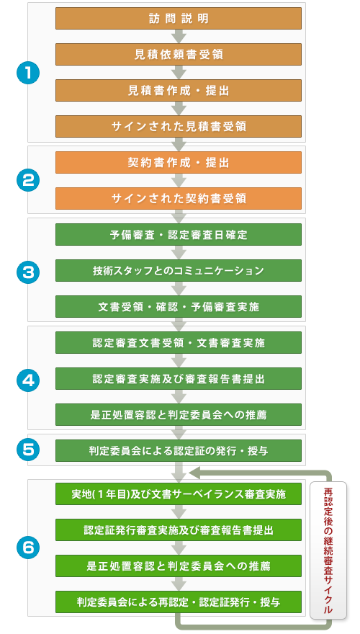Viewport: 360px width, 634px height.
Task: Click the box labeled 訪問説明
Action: [178, 18]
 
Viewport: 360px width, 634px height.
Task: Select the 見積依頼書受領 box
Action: [178, 54]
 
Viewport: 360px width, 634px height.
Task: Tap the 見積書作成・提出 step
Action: [178, 90]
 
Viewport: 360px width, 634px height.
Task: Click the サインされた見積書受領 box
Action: [178, 126]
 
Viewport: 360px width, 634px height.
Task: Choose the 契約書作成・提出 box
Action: [178, 162]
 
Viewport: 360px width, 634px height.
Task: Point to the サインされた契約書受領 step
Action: [178, 198]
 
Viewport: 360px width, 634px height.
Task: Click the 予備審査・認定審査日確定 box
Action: [178, 235]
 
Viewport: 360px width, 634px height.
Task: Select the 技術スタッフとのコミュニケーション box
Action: [178, 270]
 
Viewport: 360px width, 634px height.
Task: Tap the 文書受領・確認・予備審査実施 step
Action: [178, 306]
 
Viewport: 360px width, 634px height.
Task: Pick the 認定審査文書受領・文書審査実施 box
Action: [178, 342]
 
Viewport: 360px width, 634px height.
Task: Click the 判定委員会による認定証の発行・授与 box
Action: [178, 450]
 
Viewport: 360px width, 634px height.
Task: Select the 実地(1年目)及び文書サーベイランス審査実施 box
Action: [178, 494]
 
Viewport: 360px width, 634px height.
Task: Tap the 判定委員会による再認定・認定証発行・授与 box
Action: [178, 602]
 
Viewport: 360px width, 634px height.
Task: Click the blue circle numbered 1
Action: [28, 72]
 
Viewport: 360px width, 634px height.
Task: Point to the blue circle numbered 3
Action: [28, 270]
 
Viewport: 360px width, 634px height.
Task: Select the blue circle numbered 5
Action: [28, 450]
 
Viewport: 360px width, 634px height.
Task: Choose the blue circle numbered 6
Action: [28, 548]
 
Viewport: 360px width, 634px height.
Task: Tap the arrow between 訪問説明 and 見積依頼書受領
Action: [178, 36]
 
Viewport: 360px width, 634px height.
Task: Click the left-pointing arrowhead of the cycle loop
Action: [194, 472]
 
